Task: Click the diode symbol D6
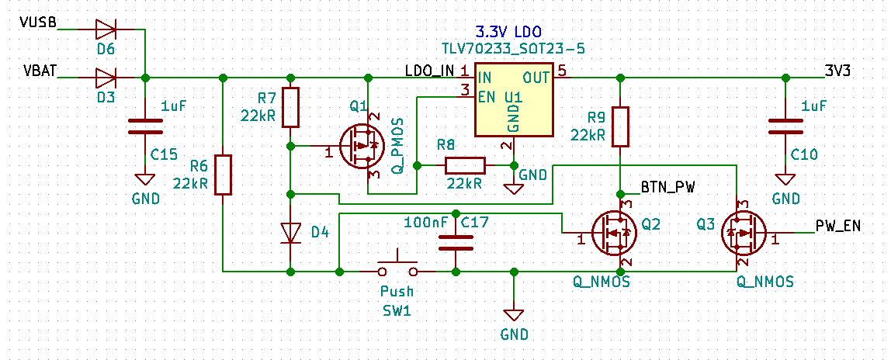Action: point(106,30)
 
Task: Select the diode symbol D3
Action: point(106,78)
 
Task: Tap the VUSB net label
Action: point(39,22)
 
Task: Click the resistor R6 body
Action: point(223,175)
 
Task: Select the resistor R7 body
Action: point(290,107)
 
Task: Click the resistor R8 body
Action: point(465,165)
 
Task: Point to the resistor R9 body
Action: point(620,126)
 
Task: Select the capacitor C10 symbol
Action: point(785,126)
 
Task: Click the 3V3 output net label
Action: point(839,70)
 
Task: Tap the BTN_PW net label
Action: point(668,187)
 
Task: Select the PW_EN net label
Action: point(838,226)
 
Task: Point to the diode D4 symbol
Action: point(291,232)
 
